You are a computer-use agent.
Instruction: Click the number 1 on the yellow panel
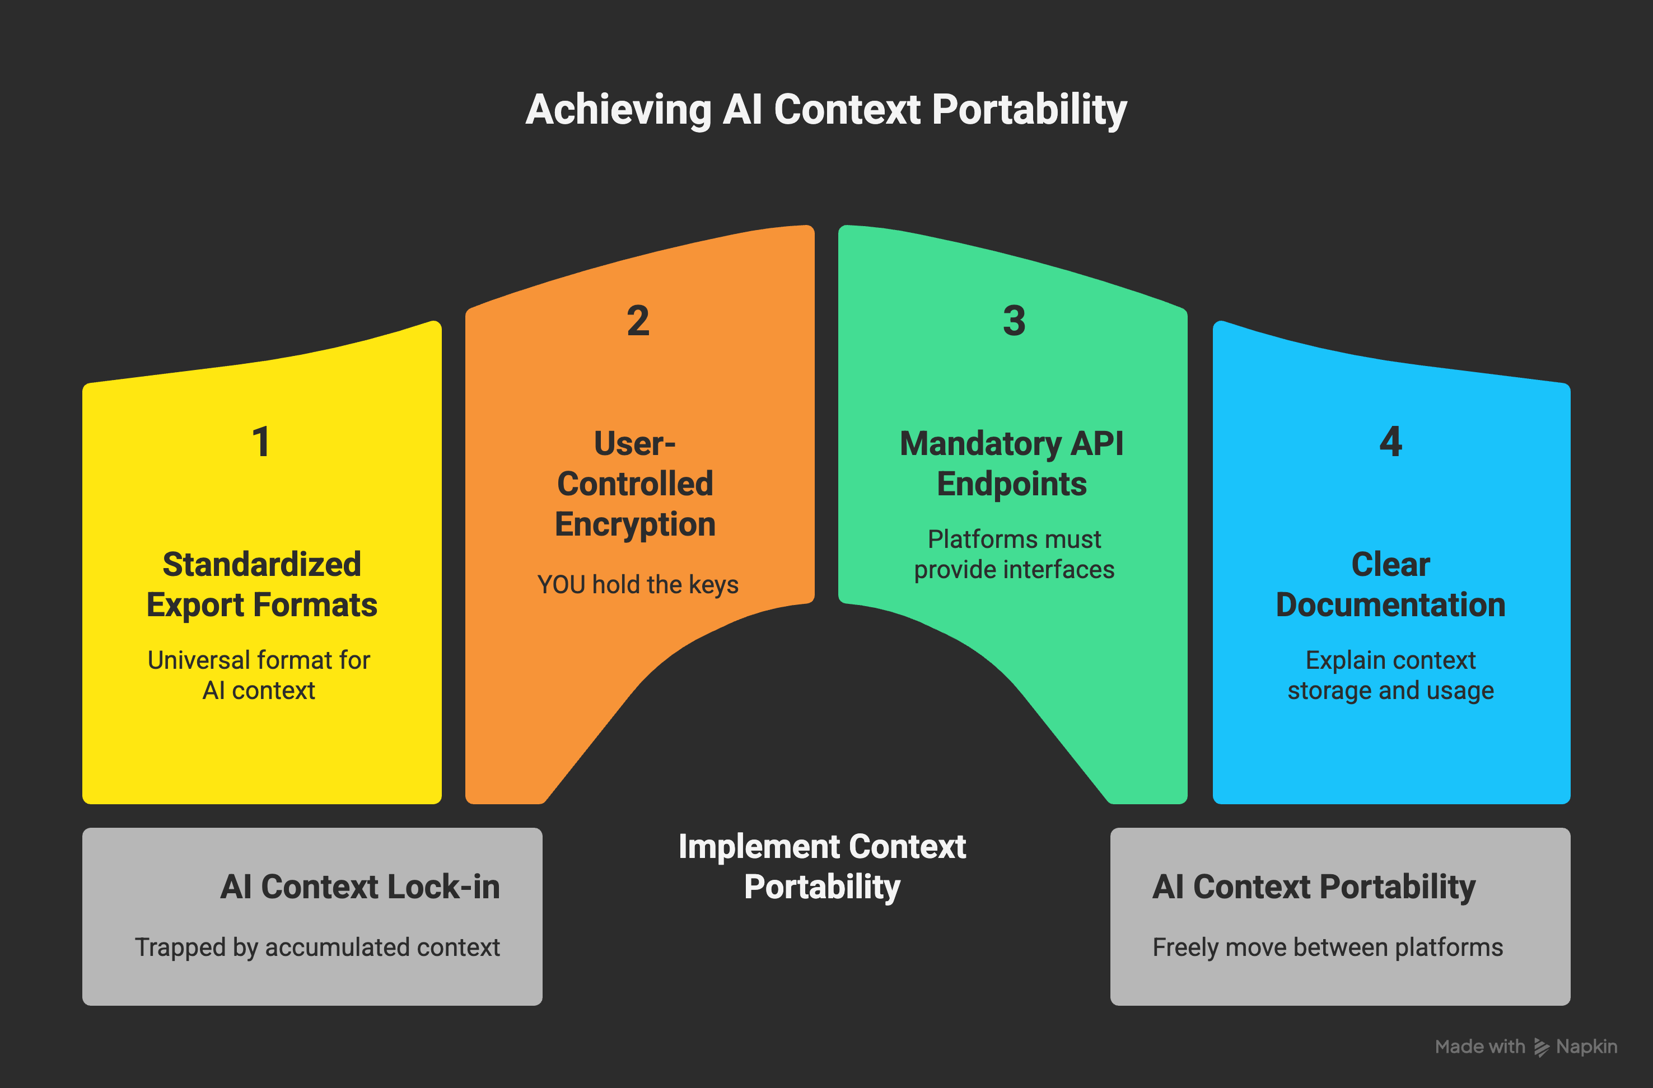261,442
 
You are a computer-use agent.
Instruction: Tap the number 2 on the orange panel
638,321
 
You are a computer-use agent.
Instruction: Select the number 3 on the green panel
1014,321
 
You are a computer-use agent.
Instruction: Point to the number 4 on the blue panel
1390,442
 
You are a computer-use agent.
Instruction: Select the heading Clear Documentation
1390,584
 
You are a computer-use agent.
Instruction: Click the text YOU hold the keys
638,585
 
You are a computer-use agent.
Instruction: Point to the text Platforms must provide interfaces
1014,554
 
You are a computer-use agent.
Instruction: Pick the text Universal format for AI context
258,675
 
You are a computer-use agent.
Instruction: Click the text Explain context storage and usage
1390,675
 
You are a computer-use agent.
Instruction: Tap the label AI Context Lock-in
359,887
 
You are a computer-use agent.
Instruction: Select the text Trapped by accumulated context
317,947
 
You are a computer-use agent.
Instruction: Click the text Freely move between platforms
1327,947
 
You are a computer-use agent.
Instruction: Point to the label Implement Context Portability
821,866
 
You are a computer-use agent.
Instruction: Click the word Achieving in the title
618,110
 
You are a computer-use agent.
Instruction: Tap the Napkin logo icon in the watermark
1541,1047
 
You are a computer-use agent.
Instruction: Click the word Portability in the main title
1029,110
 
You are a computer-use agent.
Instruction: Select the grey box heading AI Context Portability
1313,887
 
